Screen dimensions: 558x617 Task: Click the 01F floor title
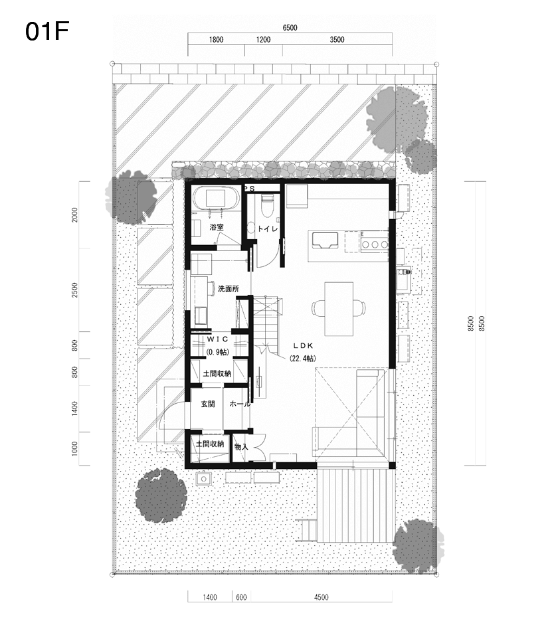(47, 31)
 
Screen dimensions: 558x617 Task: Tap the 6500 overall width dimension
(290, 27)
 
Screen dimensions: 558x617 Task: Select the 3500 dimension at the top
(337, 39)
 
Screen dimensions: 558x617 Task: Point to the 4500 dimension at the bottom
(321, 597)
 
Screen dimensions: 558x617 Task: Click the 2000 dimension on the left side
(75, 215)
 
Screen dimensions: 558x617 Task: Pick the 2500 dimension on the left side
(75, 290)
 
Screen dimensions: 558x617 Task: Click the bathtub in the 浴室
(215, 198)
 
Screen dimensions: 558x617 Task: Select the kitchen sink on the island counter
(325, 240)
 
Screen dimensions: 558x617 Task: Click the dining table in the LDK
(338, 308)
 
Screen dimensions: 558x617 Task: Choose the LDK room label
(303, 346)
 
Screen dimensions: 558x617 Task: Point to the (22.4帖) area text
(303, 358)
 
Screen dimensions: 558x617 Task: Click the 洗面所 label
(229, 288)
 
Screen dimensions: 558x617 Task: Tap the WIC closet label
(218, 339)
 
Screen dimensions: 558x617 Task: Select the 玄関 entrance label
(208, 404)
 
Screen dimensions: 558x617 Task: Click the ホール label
(240, 404)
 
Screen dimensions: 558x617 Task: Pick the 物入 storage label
(241, 447)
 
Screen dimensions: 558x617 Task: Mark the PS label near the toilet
(250, 189)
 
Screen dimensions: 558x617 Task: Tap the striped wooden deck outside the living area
(356, 505)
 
